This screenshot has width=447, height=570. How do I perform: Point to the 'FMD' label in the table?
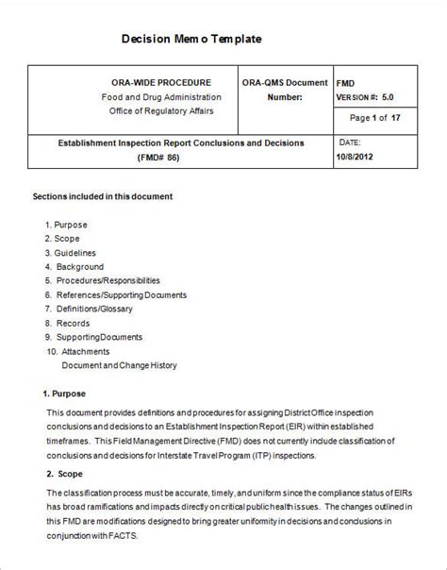pyautogui.click(x=346, y=83)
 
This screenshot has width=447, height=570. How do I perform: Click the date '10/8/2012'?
pyautogui.click(x=358, y=157)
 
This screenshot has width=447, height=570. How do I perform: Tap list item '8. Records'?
pyautogui.click(x=69, y=323)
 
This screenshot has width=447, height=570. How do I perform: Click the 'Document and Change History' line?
pyautogui.click(x=119, y=364)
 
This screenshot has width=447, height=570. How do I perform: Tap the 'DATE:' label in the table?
pyautogui.click(x=350, y=142)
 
